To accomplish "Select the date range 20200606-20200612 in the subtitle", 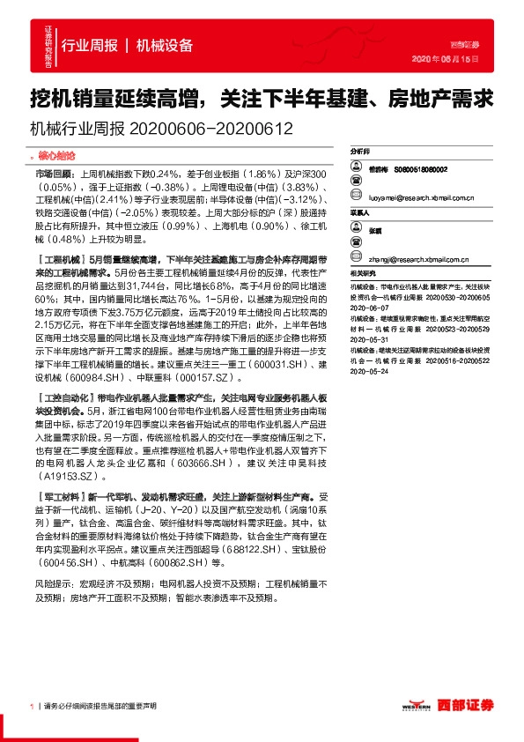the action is click(x=210, y=128).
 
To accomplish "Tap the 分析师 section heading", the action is click(x=359, y=151).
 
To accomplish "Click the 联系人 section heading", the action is click(x=359, y=212).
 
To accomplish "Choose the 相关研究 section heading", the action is click(x=361, y=274).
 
